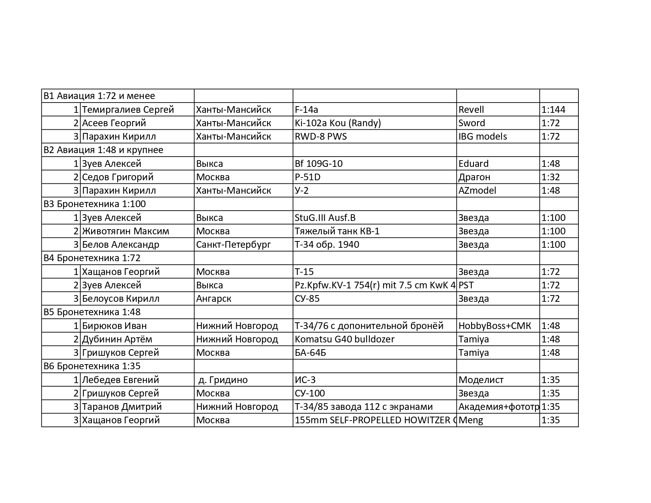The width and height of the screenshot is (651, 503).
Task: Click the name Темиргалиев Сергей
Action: point(128,110)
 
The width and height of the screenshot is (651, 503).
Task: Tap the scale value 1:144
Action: point(553,110)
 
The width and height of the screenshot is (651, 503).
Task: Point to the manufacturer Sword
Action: point(471,123)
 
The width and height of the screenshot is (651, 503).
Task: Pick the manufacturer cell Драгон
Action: point(474,177)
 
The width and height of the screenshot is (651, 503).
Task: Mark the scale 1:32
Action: point(550,177)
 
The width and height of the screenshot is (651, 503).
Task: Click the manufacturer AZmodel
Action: point(477,191)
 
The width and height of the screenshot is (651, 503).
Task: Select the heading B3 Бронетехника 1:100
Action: point(95,204)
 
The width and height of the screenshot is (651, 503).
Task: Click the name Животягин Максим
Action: point(125,231)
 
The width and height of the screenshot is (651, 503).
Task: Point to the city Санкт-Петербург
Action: point(233,245)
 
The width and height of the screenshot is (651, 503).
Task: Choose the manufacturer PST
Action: point(466,285)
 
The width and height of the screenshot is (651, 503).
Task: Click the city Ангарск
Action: point(213,299)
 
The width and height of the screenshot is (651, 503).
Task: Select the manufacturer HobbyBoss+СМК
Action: point(494,326)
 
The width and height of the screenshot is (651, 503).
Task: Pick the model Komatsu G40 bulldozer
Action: point(344,339)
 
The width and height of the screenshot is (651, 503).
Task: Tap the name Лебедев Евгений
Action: point(120,380)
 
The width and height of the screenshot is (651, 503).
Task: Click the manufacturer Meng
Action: point(471,420)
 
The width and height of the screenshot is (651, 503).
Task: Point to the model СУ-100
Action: point(310,393)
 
